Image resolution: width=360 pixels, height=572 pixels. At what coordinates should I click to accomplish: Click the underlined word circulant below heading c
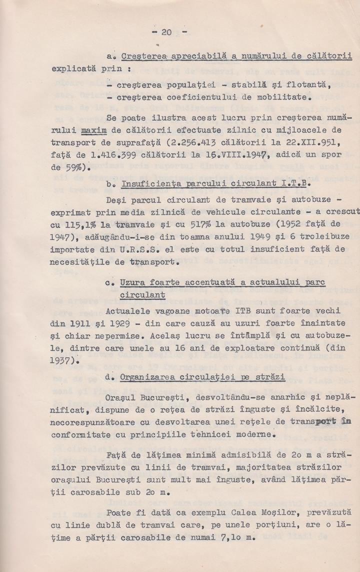click(x=142, y=295)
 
